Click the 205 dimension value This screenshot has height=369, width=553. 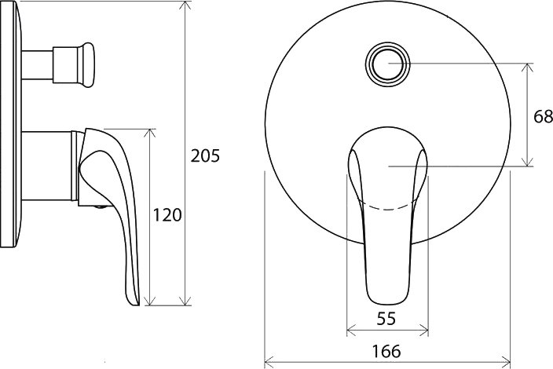(205, 155)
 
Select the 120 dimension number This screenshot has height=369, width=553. (167, 215)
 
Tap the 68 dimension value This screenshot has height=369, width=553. (543, 117)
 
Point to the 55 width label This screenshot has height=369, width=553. (386, 319)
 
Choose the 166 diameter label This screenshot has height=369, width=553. (386, 351)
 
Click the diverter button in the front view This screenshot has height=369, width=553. (387, 64)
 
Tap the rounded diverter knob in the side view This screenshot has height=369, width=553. (86, 64)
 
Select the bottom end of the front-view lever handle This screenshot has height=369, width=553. (387, 304)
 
